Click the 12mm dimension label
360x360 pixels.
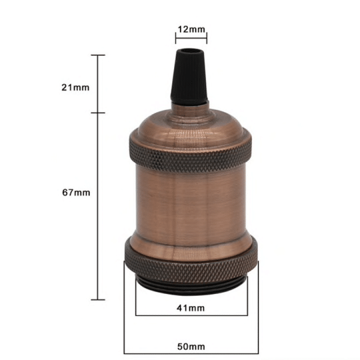(191, 28)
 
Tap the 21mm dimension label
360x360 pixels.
(75, 87)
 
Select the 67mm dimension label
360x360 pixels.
(75, 193)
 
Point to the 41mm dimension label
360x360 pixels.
(191, 308)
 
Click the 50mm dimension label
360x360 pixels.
(191, 346)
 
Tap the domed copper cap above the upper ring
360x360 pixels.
(191, 123)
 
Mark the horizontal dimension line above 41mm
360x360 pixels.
(191, 316)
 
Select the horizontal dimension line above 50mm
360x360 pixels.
(191, 354)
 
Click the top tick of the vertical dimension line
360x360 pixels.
(98, 55)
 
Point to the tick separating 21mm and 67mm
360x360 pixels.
(98, 113)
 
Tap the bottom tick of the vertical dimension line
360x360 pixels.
(98, 299)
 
